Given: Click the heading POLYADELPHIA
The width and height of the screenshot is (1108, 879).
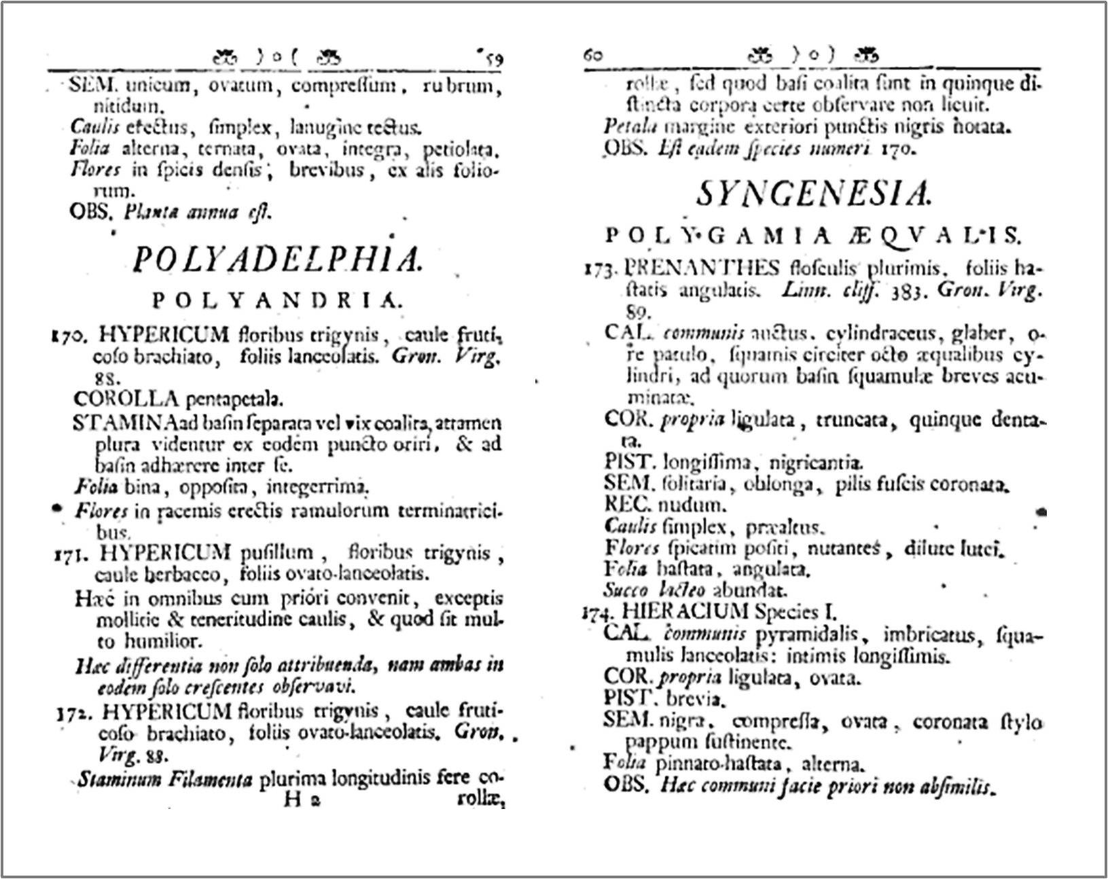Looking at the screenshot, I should point(276,259).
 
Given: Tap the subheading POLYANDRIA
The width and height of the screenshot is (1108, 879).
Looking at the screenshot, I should point(277,301).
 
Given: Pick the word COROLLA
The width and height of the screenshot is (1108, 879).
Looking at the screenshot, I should point(126,399).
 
